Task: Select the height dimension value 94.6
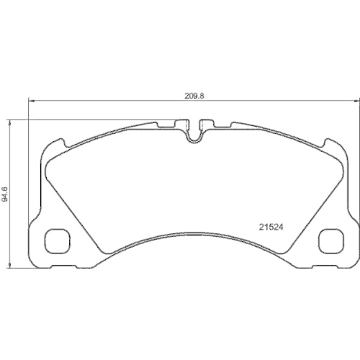6,194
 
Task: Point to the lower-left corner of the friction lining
101,250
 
